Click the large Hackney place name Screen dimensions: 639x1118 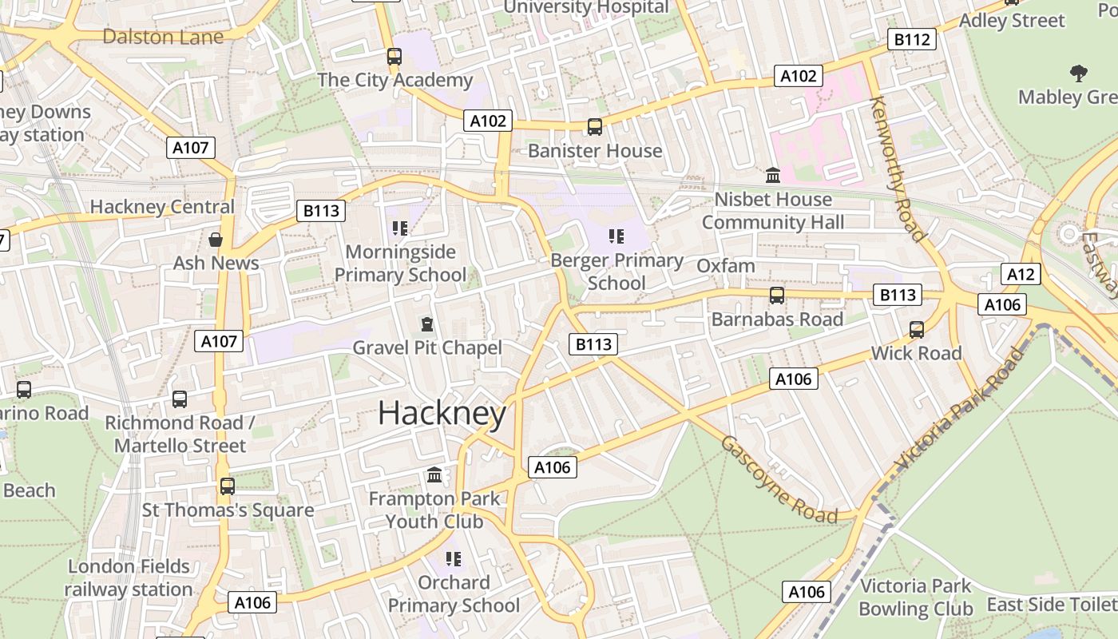pos(442,414)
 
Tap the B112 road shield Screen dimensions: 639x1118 pos(911,39)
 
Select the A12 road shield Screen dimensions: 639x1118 pos(1020,275)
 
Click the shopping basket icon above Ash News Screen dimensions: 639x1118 pos(216,240)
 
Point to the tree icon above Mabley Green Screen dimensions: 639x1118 pos(1078,73)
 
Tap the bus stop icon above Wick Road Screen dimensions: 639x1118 pos(917,329)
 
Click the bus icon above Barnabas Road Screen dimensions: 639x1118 pos(776,296)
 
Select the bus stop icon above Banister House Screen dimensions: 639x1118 pos(594,126)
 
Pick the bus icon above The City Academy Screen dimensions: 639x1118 pos(394,56)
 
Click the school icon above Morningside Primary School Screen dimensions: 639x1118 pos(400,228)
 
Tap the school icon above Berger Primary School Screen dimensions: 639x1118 pos(616,236)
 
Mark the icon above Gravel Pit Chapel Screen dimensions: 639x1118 pos(426,324)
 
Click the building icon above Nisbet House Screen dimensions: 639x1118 pos(772,175)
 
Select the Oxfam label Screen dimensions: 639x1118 pos(725,265)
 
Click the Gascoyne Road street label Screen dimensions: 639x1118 pos(778,480)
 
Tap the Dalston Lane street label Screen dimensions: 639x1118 pos(163,36)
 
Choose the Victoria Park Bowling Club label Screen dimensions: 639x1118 pos(915,597)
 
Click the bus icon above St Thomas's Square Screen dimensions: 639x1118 pos(228,486)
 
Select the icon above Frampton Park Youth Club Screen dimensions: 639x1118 pos(434,475)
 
